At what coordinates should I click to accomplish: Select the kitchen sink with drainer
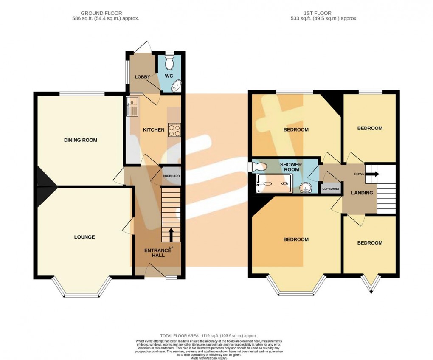pyautogui.click(x=132, y=107)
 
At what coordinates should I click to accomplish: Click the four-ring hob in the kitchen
pyautogui.click(x=174, y=130)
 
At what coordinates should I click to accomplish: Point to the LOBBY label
pyautogui.click(x=142, y=77)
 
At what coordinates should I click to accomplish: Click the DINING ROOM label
pyautogui.click(x=81, y=140)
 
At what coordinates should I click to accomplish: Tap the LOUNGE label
pyautogui.click(x=84, y=237)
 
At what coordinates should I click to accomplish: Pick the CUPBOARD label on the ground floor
pyautogui.click(x=171, y=176)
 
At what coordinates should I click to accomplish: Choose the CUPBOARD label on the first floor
pyautogui.click(x=331, y=189)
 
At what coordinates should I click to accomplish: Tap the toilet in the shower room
pyautogui.click(x=259, y=167)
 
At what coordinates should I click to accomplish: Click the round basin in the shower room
pyautogui.click(x=305, y=188)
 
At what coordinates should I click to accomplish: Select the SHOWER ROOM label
pyautogui.click(x=291, y=167)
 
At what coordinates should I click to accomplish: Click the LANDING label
pyautogui.click(x=362, y=193)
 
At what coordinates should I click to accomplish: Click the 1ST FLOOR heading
pyautogui.click(x=318, y=14)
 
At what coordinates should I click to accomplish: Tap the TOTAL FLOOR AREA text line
pyautogui.click(x=208, y=336)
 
